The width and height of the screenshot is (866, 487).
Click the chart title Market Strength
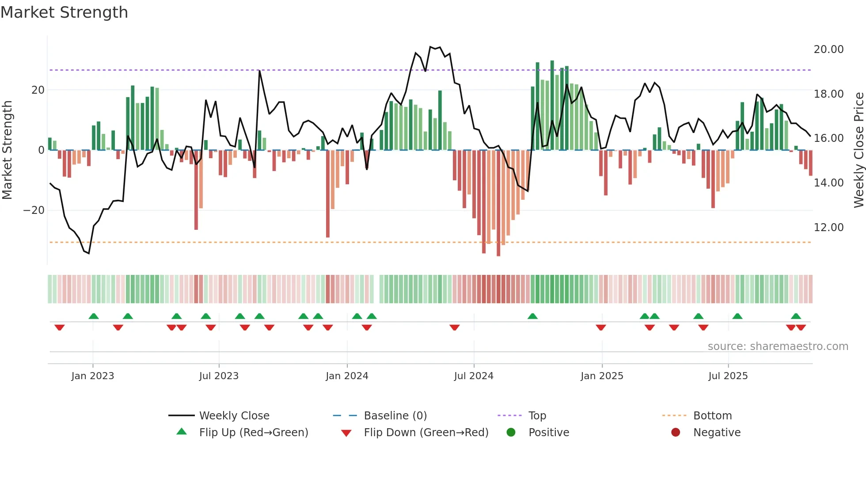pyautogui.click(x=64, y=12)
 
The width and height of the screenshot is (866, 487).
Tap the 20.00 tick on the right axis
pyautogui.click(x=828, y=49)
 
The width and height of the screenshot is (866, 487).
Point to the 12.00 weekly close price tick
pyautogui.click(x=828, y=228)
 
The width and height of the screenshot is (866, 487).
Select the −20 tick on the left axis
pyautogui.click(x=34, y=210)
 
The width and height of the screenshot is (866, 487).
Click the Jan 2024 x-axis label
pyautogui.click(x=347, y=376)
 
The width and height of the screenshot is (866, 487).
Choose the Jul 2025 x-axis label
pyautogui.click(x=728, y=376)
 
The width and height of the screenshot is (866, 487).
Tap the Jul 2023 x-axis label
pyautogui.click(x=219, y=376)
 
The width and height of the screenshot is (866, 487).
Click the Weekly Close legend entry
pyautogui.click(x=234, y=416)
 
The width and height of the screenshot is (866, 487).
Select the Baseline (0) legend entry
pyautogui.click(x=395, y=416)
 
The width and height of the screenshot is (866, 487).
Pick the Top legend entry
pyautogui.click(x=537, y=416)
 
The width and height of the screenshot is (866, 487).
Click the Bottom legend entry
pyautogui.click(x=712, y=416)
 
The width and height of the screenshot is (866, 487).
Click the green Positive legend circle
pyautogui.click(x=511, y=433)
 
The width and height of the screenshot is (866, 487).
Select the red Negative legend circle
pyautogui.click(x=676, y=433)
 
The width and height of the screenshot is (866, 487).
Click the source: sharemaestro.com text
pyautogui.click(x=778, y=346)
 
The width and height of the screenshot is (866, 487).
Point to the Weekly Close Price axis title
pyautogui.click(x=858, y=150)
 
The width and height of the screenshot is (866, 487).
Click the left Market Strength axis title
pyautogui.click(x=8, y=150)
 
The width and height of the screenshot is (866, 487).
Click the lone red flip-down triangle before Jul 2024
pyautogui.click(x=455, y=327)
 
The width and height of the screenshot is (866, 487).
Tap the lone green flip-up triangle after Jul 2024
pyautogui.click(x=532, y=316)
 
